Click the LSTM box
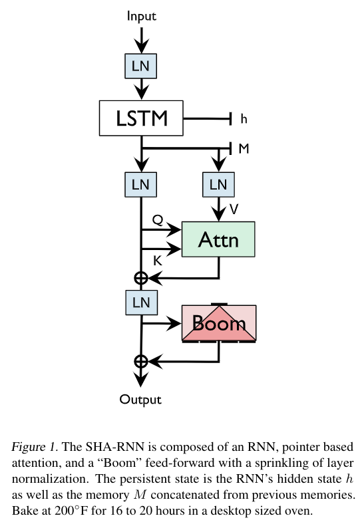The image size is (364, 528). pyautogui.click(x=140, y=119)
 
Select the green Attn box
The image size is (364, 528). pyautogui.click(x=218, y=239)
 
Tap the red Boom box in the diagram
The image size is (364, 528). pyautogui.click(x=219, y=324)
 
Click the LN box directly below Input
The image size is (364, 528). pyautogui.click(x=140, y=65)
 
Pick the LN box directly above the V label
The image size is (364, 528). pyautogui.click(x=218, y=184)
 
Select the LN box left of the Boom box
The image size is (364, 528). pyautogui.click(x=140, y=303)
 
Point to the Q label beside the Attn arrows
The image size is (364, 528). pyautogui.click(x=158, y=219)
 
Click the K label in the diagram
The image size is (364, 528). pyautogui.click(x=158, y=261)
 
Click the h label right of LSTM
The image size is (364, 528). pyautogui.click(x=244, y=120)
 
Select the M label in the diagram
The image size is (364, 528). pyautogui.click(x=244, y=149)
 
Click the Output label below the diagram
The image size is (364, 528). pyautogui.click(x=140, y=400)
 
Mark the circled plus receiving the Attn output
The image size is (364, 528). pyautogui.click(x=140, y=278)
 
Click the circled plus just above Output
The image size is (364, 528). pyautogui.click(x=140, y=362)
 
